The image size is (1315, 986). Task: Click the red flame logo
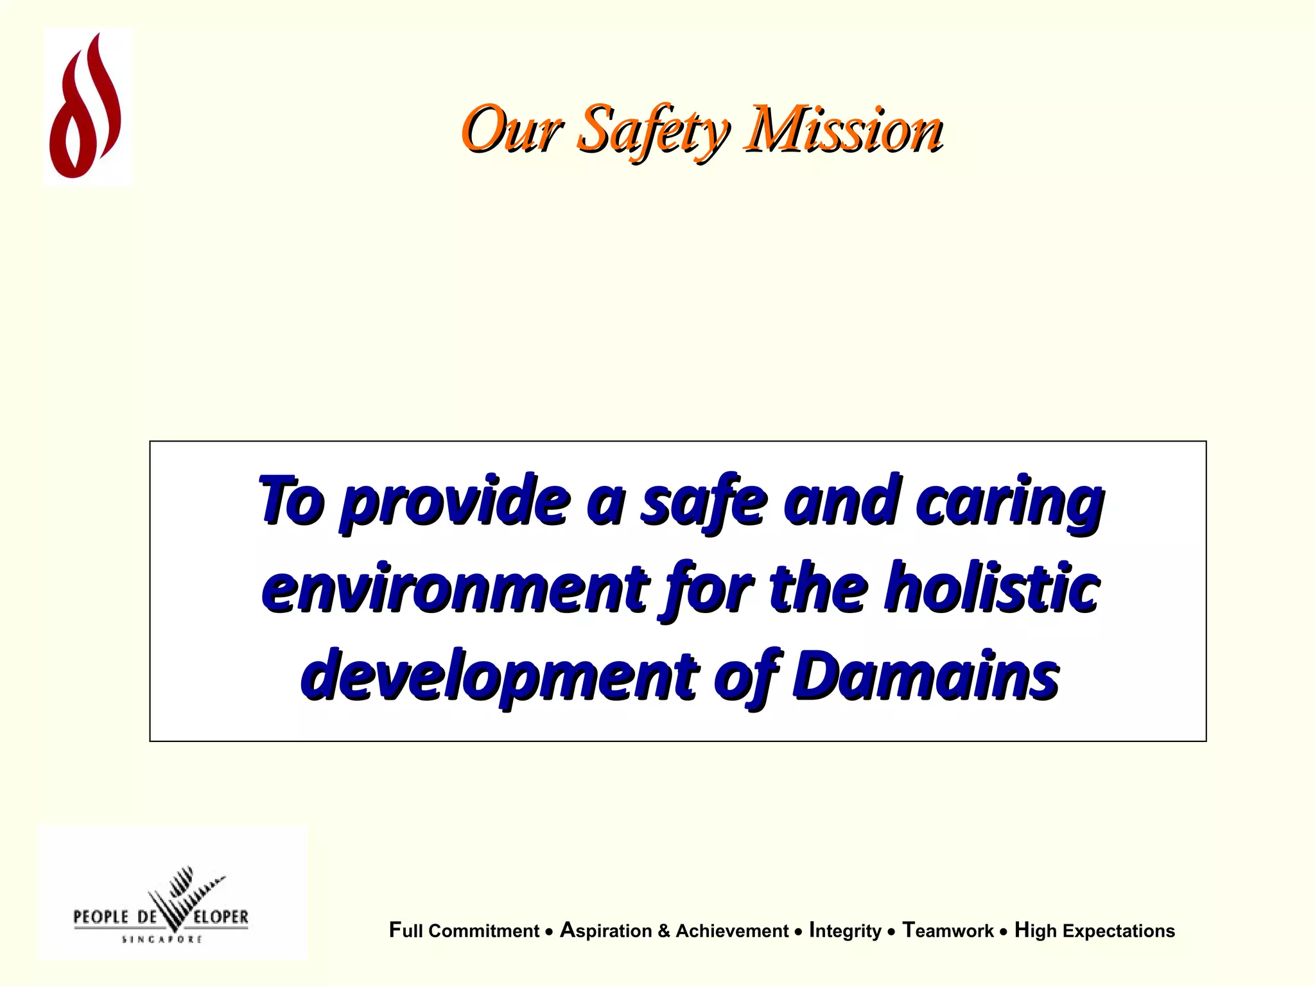point(87,107)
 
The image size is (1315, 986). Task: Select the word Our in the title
point(512,130)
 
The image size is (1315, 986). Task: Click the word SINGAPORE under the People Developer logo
point(162,939)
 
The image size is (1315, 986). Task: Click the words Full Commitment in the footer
point(464,931)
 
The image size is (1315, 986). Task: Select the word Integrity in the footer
point(845,931)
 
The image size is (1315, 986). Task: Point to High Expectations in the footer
point(1094,931)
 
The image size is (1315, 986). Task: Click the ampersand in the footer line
point(664,931)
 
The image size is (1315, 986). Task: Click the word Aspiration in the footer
point(605,931)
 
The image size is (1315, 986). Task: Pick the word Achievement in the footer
point(732,931)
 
